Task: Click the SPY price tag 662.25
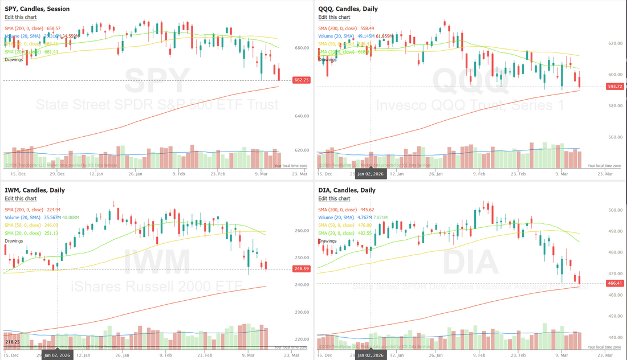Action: click(x=301, y=80)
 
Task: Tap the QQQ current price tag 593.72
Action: click(x=614, y=87)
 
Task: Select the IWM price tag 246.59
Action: click(x=301, y=268)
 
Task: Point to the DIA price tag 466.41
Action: click(x=614, y=283)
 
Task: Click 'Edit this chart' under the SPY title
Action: click(x=21, y=17)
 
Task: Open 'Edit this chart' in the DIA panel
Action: click(x=334, y=198)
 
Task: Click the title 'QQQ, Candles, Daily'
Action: click(x=348, y=9)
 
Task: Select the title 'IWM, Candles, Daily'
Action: click(x=33, y=190)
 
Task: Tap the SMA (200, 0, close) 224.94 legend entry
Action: click(x=32, y=209)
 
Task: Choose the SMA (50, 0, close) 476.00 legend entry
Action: click(x=345, y=225)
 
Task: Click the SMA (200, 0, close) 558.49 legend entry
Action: click(x=346, y=28)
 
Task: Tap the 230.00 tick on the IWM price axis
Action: click(x=302, y=313)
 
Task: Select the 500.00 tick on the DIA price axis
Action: click(x=615, y=210)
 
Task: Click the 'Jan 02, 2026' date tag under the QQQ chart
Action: click(x=370, y=174)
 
